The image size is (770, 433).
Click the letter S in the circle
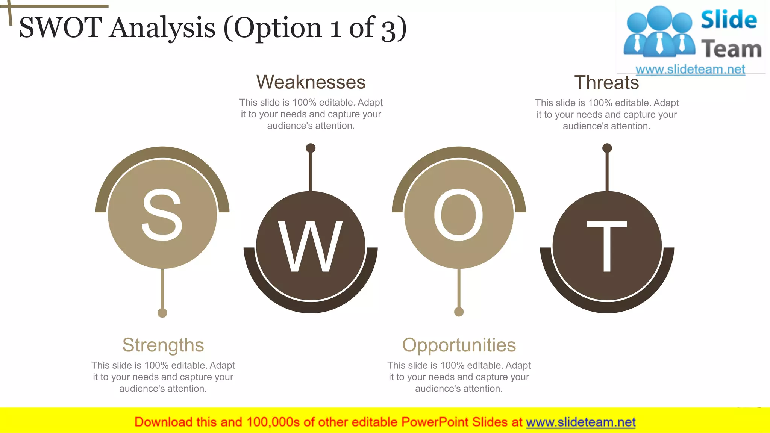click(x=162, y=215)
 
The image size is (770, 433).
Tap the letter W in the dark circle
click(x=310, y=246)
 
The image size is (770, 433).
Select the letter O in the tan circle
click(x=459, y=215)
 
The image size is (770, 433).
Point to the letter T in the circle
click(x=607, y=246)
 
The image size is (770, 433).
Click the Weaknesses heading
click(x=311, y=82)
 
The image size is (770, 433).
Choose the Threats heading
click(x=606, y=82)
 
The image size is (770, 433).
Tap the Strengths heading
click(x=163, y=345)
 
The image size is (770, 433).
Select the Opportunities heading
click(x=459, y=345)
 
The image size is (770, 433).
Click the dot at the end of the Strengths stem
click(x=162, y=313)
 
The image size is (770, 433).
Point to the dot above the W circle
click(x=311, y=148)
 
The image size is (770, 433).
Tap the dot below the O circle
click(x=459, y=312)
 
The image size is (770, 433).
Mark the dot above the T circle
click(x=607, y=148)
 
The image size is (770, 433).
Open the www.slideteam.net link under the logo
click(x=690, y=69)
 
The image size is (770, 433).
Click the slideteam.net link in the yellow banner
click(x=581, y=422)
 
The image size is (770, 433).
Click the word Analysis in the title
click(x=162, y=28)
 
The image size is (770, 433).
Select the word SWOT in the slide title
click(x=60, y=28)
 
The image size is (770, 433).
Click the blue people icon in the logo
click(x=659, y=32)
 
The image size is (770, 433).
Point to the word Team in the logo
click(x=731, y=49)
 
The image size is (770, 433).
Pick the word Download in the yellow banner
click(x=163, y=422)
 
